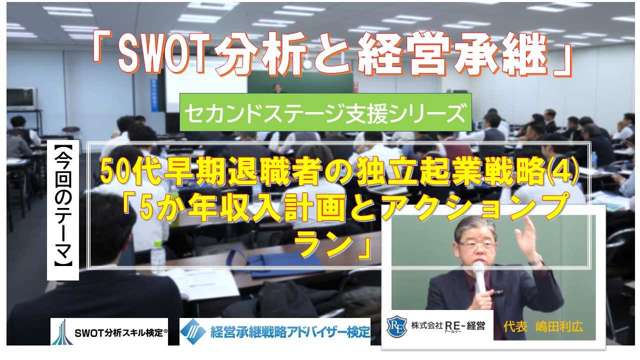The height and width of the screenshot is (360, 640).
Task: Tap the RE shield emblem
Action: click(x=396, y=325)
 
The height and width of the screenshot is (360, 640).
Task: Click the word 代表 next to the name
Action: click(x=515, y=326)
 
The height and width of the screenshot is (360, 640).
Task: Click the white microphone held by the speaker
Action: click(x=479, y=277)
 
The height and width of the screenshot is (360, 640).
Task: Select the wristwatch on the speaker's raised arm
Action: click(x=535, y=260)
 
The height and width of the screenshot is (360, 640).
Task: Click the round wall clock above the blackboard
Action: click(x=307, y=63)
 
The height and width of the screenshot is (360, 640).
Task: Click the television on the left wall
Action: click(x=21, y=98)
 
